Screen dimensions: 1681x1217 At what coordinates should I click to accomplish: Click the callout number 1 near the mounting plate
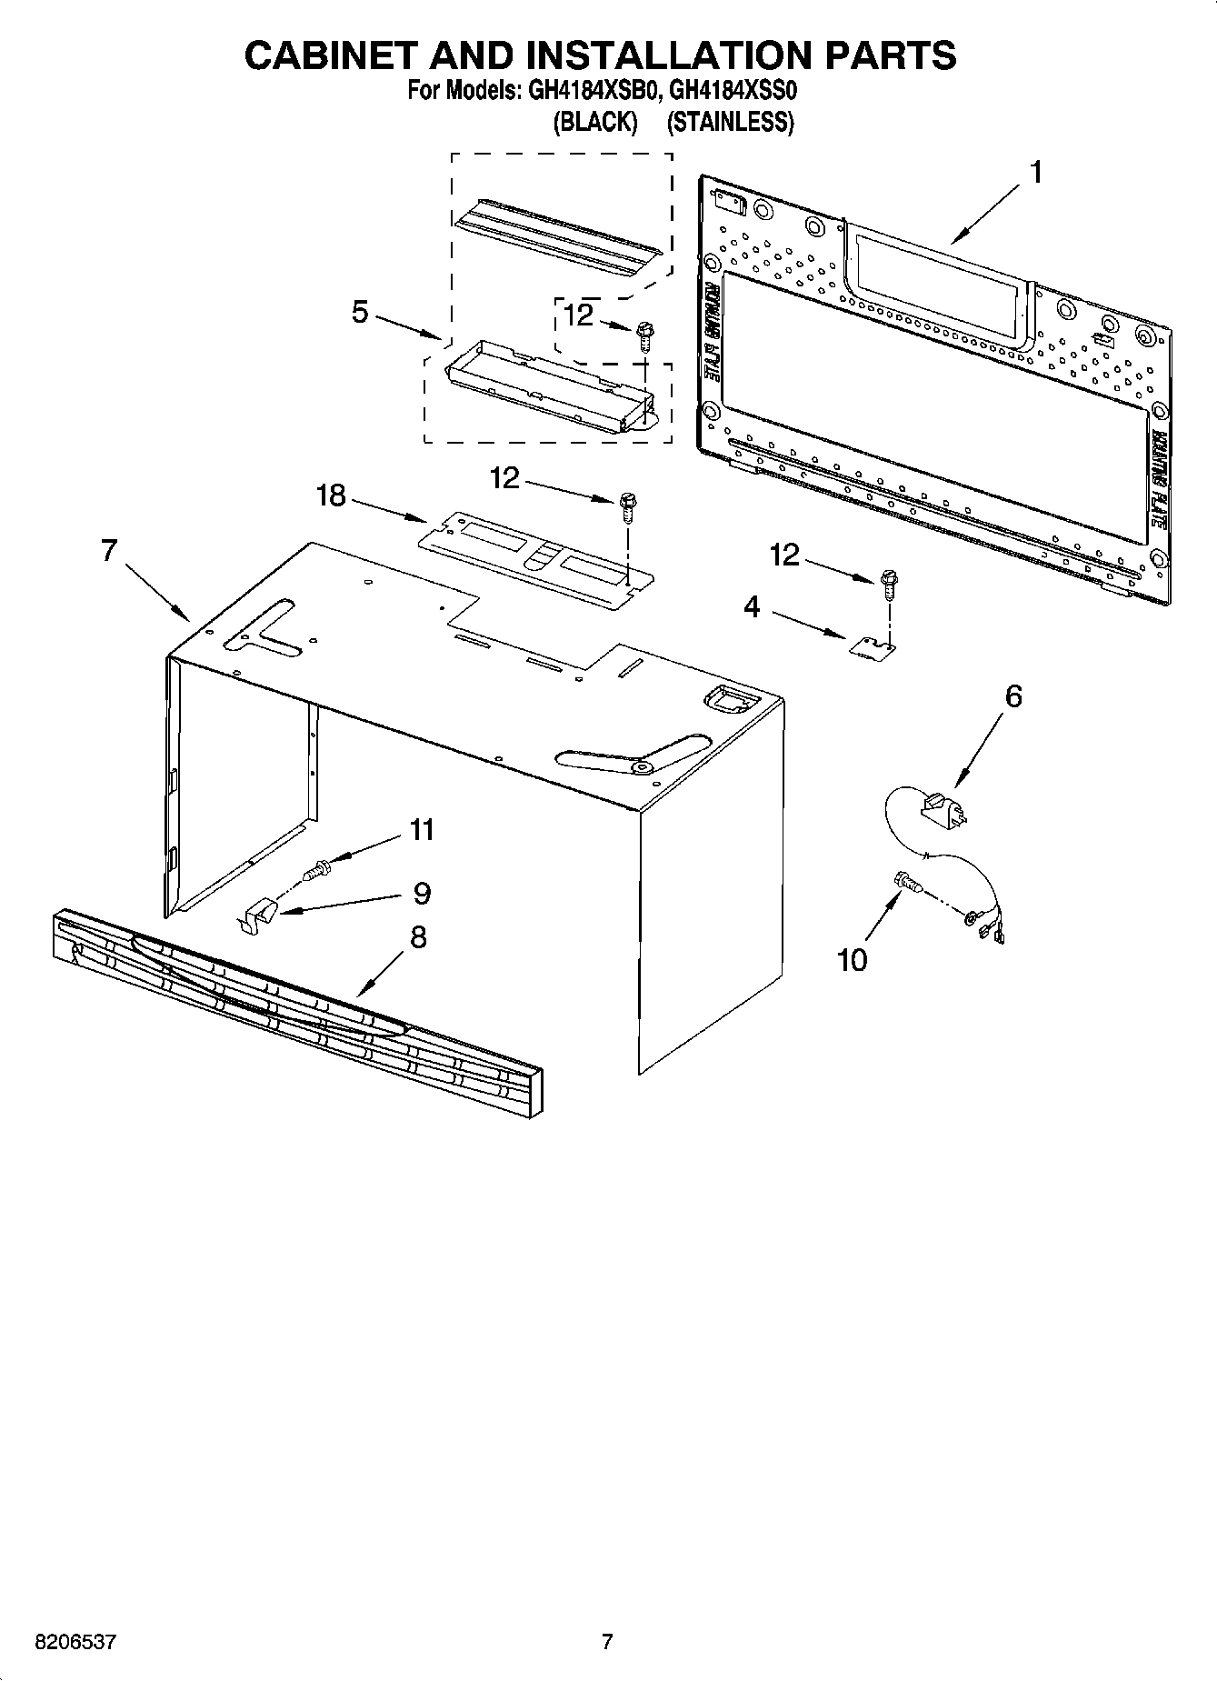click(x=1035, y=172)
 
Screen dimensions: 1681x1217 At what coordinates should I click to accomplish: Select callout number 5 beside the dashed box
click(x=361, y=313)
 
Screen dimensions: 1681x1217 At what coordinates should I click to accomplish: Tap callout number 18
click(x=332, y=496)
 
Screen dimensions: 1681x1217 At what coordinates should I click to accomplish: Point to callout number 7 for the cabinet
click(x=109, y=551)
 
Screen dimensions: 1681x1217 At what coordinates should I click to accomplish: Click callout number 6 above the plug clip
click(x=1013, y=696)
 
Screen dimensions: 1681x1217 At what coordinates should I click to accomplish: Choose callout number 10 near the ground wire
click(x=853, y=960)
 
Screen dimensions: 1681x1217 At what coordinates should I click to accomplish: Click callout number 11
click(x=422, y=830)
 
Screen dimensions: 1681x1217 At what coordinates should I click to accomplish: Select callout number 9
click(x=422, y=893)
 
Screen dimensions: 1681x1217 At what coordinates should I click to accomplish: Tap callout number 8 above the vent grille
click(x=418, y=937)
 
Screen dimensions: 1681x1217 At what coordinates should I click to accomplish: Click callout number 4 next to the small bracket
click(x=752, y=607)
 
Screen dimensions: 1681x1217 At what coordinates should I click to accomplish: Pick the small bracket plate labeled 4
click(x=872, y=646)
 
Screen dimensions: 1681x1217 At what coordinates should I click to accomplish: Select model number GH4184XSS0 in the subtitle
click(x=733, y=92)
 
